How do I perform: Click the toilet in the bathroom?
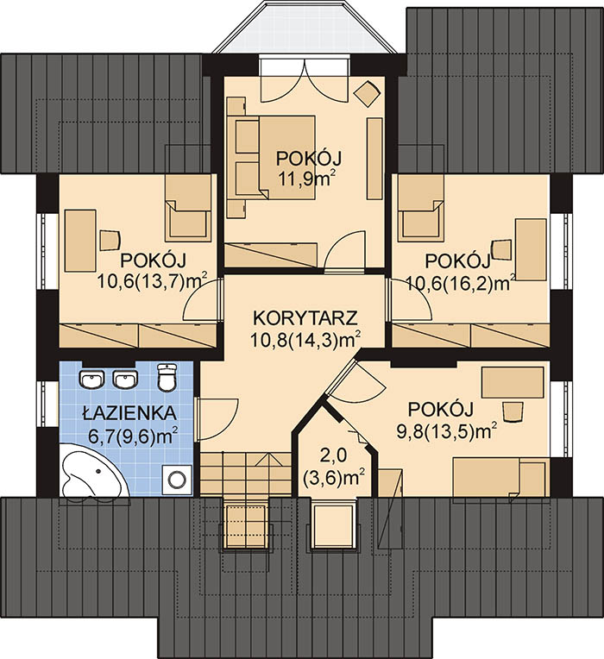tap(167, 377)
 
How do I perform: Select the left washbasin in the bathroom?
tap(92, 380)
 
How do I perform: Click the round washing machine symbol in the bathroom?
tap(178, 478)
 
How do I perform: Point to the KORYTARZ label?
tap(305, 317)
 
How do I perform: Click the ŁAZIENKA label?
tap(129, 412)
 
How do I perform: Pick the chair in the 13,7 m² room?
tap(110, 240)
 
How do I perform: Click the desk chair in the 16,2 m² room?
tap(501, 249)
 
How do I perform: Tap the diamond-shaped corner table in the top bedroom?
tap(366, 92)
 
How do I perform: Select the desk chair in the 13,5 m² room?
tap(513, 412)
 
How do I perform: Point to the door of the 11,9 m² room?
tap(344, 251)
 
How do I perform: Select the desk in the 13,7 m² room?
tap(80, 241)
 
